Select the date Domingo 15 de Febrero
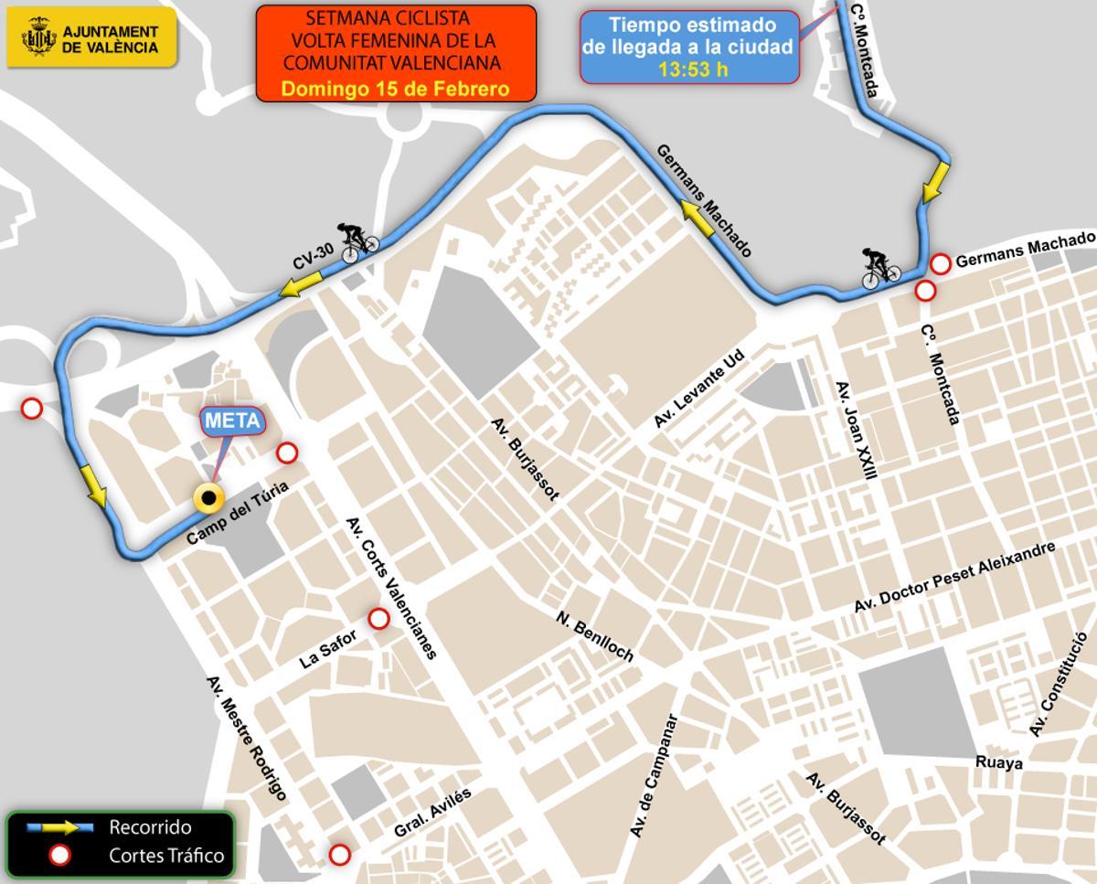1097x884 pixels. pyautogui.click(x=395, y=89)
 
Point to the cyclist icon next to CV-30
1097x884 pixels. pyautogui.click(x=359, y=242)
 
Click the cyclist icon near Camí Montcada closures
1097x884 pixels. pyautogui.click(x=881, y=267)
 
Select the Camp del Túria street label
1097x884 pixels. pyautogui.click(x=237, y=514)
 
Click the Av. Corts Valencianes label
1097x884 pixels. pyautogui.click(x=392, y=588)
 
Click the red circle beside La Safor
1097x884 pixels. pyautogui.click(x=378, y=620)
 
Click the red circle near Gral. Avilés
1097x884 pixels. pyautogui.click(x=339, y=855)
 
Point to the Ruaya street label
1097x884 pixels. pyautogui.click(x=998, y=762)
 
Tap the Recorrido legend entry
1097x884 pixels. pyautogui.click(x=150, y=827)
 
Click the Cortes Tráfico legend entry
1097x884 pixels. pyautogui.click(x=165, y=857)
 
